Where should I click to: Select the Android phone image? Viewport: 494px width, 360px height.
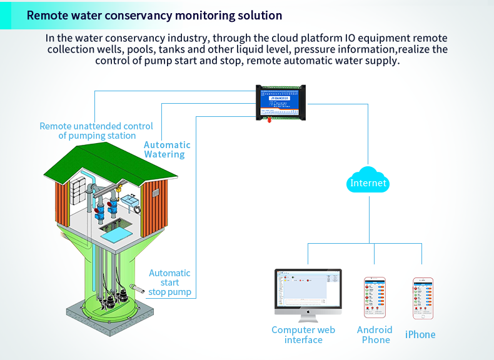click(x=375, y=298)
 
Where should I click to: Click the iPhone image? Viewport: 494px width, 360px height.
click(x=423, y=298)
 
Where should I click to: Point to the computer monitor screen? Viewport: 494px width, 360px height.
click(x=308, y=291)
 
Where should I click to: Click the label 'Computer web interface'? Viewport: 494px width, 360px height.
click(x=303, y=335)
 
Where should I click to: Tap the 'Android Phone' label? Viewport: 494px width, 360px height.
click(x=375, y=335)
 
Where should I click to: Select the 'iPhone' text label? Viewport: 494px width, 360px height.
click(x=420, y=334)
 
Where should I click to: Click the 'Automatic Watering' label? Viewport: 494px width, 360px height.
click(x=164, y=149)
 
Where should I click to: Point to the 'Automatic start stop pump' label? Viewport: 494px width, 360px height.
click(x=169, y=282)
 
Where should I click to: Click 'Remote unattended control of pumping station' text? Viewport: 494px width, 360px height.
click(x=96, y=131)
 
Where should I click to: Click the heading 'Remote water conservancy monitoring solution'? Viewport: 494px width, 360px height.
click(x=154, y=15)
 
